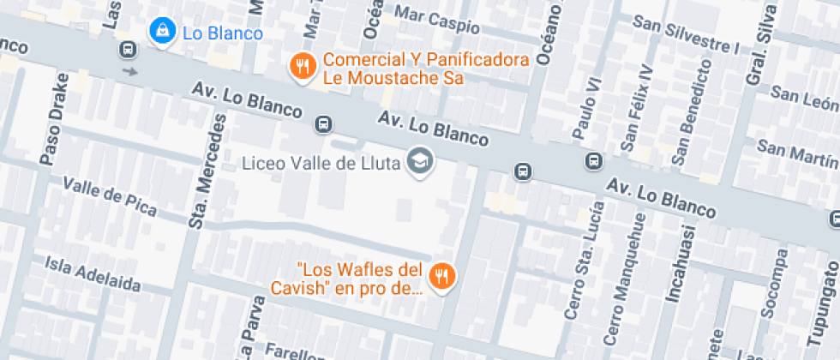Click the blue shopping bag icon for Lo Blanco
(159, 31)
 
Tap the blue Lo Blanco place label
(222, 33)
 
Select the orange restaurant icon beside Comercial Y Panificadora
(300, 64)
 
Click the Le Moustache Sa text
(393, 78)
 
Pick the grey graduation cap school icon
(419, 160)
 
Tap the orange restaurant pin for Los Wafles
(442, 275)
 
